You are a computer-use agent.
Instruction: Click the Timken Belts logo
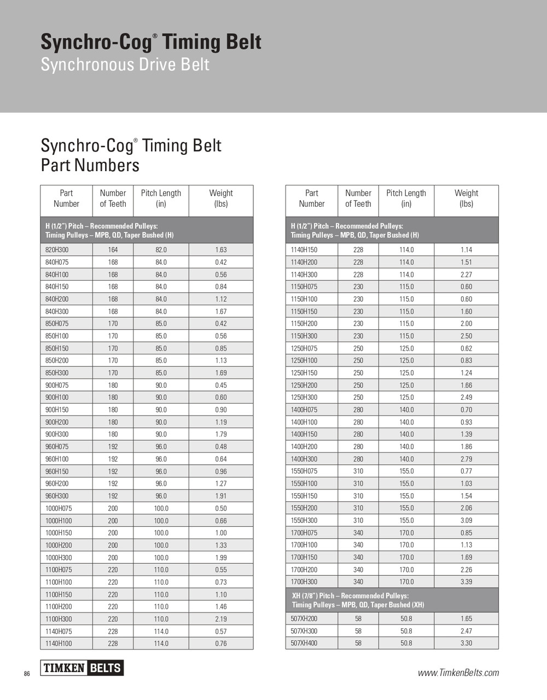coord(82,668)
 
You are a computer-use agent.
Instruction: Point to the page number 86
coord(27,674)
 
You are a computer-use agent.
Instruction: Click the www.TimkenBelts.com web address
coord(458,673)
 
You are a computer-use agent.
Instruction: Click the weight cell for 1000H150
coord(221,533)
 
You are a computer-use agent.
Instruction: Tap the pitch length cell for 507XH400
coord(406,643)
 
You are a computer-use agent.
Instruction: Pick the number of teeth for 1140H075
coord(113,631)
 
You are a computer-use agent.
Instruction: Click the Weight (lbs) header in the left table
coord(221,199)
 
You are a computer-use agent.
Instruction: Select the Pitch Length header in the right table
coord(406,199)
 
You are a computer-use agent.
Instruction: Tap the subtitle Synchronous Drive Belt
coord(125,65)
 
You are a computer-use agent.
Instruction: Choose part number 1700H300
coord(304,582)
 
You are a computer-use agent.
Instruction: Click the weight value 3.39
coord(466,582)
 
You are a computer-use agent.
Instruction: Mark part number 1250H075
coord(304,348)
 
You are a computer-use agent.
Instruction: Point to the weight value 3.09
coord(466,521)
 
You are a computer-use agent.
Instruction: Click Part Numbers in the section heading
coord(90,165)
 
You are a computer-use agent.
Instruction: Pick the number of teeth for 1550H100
coord(358,483)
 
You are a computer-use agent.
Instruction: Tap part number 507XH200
coord(304,619)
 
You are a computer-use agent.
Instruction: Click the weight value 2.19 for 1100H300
coord(221,619)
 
